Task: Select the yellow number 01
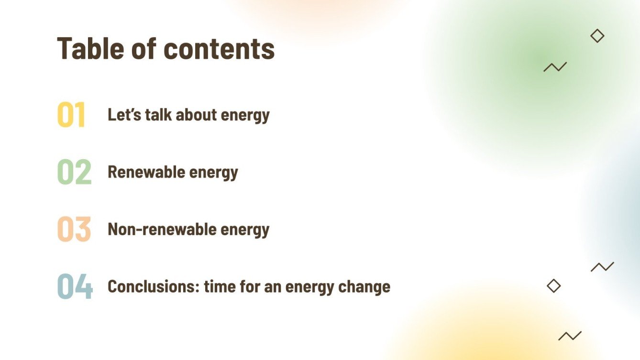point(71,115)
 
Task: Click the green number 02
point(74,172)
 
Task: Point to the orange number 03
point(74,229)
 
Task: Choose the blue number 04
point(75,286)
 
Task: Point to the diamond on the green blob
point(597,36)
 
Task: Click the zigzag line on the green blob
point(555,67)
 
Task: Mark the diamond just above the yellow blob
point(553,286)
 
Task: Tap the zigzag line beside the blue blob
point(602,267)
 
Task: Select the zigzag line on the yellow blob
point(570,336)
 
